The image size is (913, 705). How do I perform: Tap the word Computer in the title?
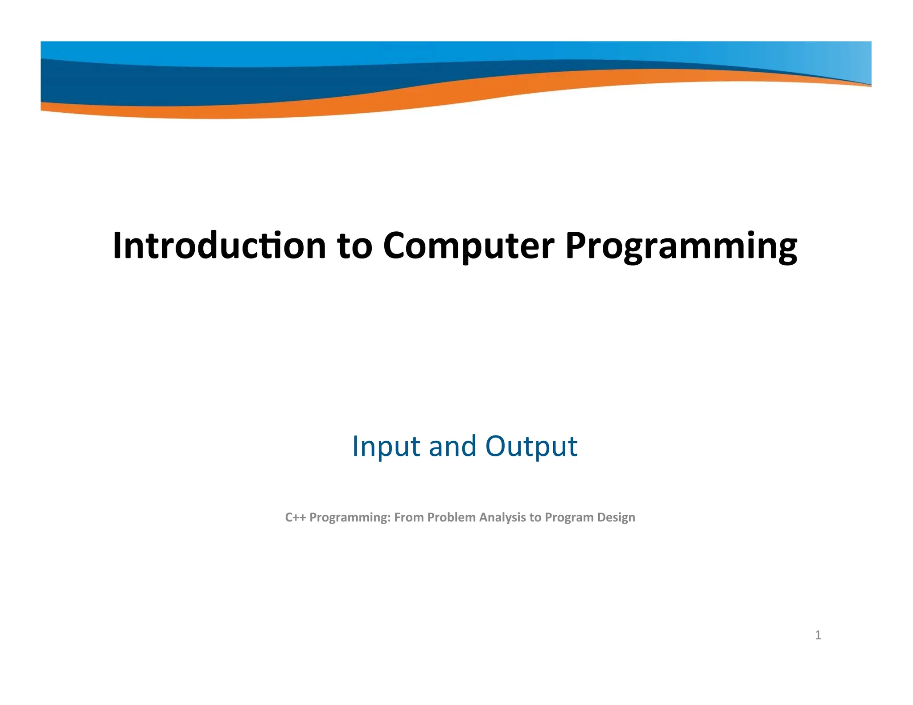pyautogui.click(x=469, y=246)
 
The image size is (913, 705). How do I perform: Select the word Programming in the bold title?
pyautogui.click(x=681, y=246)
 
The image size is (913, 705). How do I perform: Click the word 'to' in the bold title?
pyautogui.click(x=354, y=246)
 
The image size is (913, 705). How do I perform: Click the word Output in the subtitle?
pyautogui.click(x=531, y=446)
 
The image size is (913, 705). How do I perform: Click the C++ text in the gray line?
pyautogui.click(x=295, y=517)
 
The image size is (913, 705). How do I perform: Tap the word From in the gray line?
pyautogui.click(x=409, y=517)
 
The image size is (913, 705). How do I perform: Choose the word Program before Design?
pyautogui.click(x=569, y=517)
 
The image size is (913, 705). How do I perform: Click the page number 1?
pyautogui.click(x=818, y=635)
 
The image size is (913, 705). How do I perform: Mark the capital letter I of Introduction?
pyautogui.click(x=117, y=246)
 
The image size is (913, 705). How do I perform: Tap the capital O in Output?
pyautogui.click(x=496, y=446)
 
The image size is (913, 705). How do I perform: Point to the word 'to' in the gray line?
pyautogui.click(x=535, y=517)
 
